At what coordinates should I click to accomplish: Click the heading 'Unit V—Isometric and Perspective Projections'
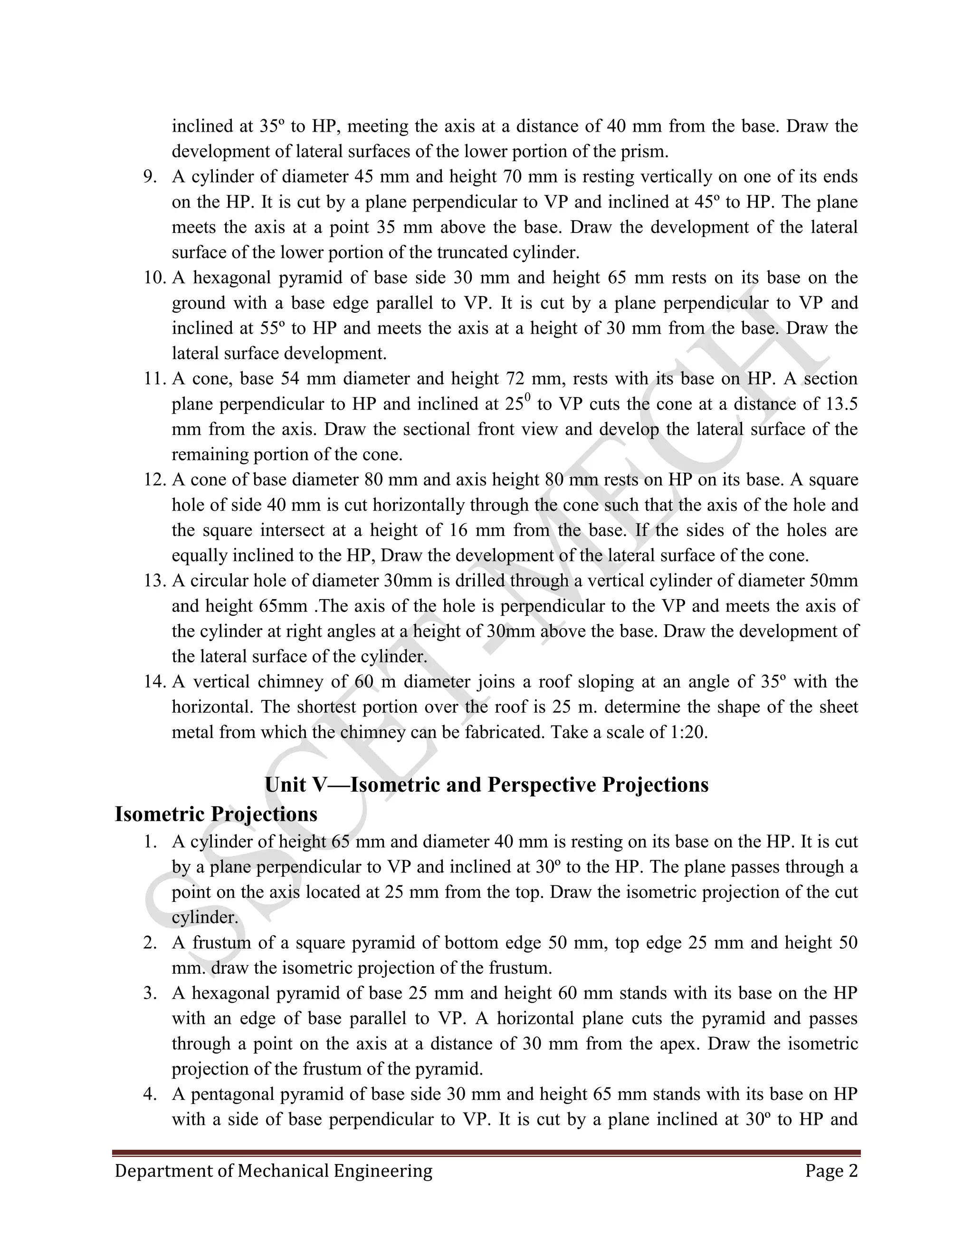tap(486, 785)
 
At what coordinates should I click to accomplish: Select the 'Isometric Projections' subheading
tap(216, 814)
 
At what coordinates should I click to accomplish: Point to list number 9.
tap(151, 176)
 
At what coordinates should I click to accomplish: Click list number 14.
tap(154, 682)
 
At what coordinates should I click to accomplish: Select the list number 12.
tap(154, 480)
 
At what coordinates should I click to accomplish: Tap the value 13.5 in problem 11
tap(841, 404)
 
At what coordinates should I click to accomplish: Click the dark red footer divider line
tap(486, 1152)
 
